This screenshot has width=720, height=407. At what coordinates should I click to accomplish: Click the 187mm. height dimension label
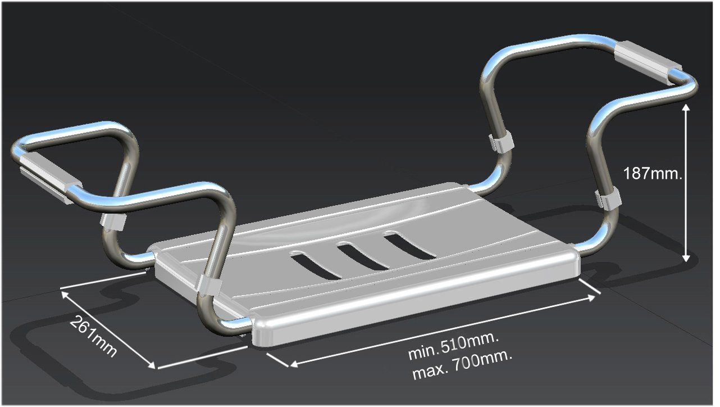pos(652,174)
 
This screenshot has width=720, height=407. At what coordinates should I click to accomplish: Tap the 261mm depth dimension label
pos(93,336)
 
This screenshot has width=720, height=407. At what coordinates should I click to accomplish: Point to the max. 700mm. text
pos(462,366)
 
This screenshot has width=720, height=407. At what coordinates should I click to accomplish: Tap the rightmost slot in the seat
pos(409,246)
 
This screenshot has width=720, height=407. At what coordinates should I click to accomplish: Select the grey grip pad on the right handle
pos(648,63)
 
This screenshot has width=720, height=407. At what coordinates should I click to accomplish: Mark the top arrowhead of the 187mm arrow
pos(686,107)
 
